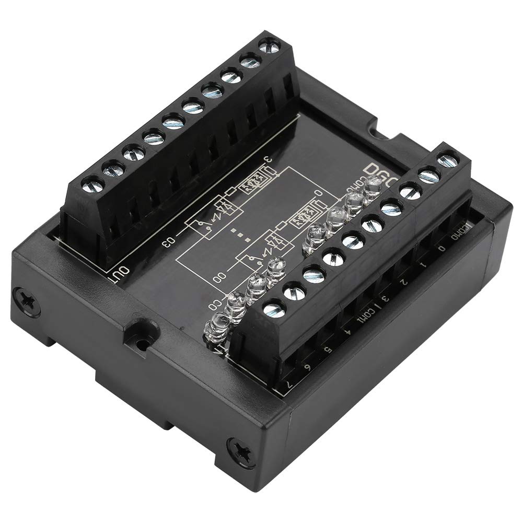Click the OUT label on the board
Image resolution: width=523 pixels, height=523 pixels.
tap(121, 272)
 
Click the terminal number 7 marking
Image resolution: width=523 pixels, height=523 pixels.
tap(288, 385)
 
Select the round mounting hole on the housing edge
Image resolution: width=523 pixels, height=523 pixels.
tap(142, 344)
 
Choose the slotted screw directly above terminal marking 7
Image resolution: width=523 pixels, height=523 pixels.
tap(273, 309)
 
